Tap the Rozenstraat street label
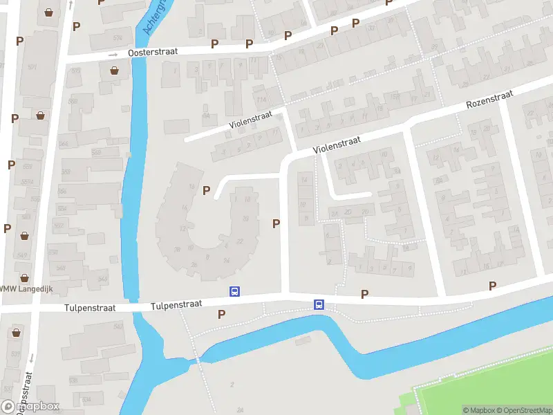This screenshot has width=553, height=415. point(489,99)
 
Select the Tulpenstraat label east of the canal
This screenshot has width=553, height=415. point(176,304)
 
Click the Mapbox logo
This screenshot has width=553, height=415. point(30,406)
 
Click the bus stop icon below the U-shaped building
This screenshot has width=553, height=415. point(235,292)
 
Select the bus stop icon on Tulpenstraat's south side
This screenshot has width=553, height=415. point(319,304)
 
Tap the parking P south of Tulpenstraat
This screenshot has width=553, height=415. point(221,315)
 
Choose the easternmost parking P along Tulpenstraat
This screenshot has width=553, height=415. point(492,286)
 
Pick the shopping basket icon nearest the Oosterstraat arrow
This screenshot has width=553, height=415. point(114,71)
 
